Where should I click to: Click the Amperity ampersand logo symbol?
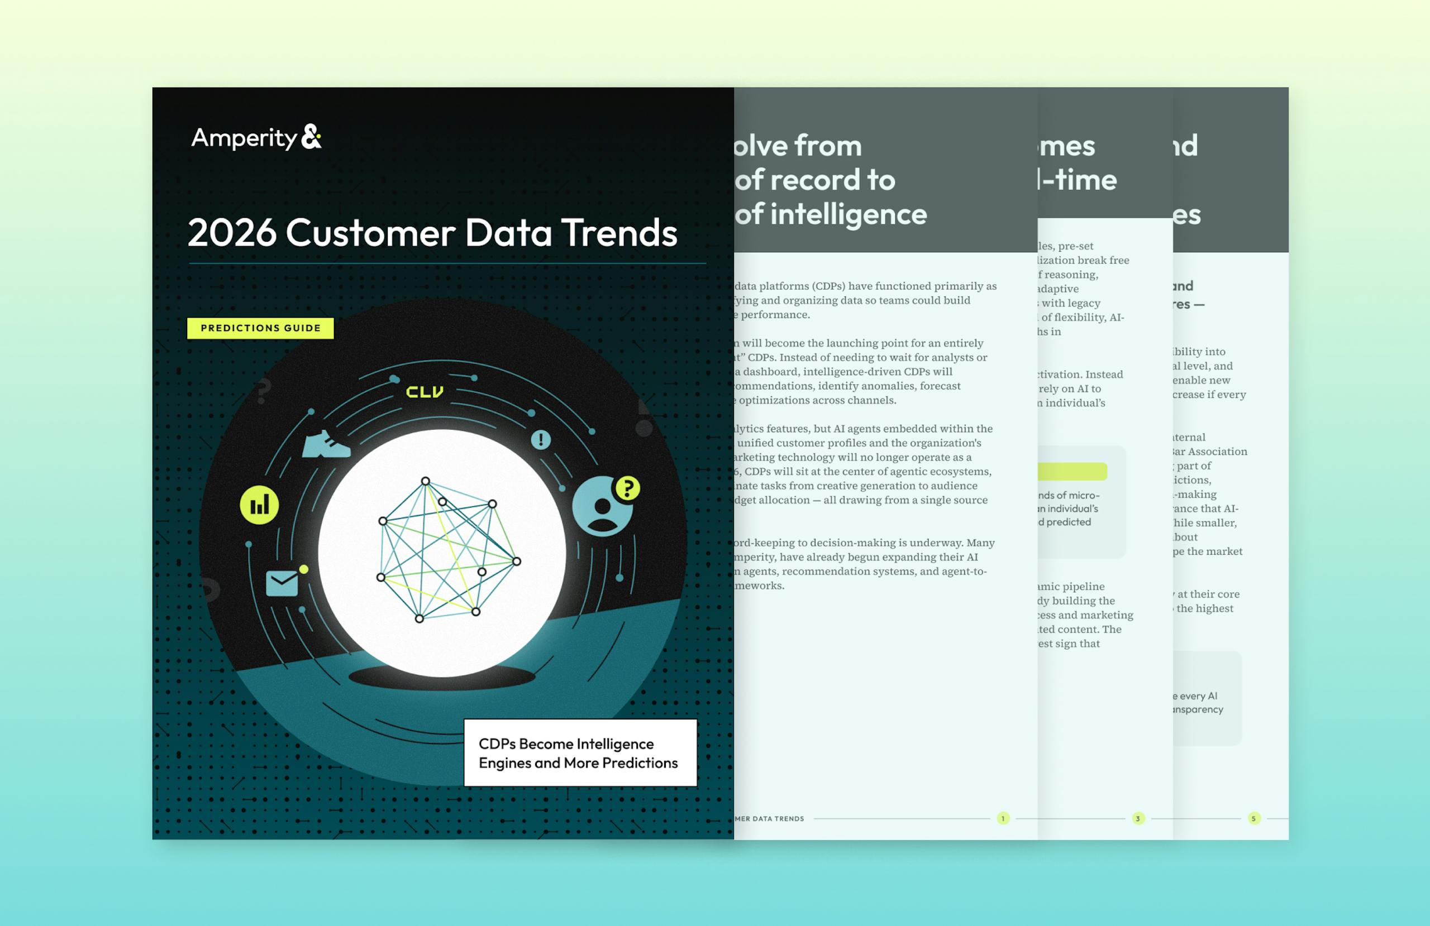coord(311,137)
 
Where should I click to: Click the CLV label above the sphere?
coord(425,392)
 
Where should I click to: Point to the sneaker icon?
coord(326,444)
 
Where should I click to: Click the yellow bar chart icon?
coord(259,505)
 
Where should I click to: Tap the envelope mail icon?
coord(282,583)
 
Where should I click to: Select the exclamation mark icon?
coord(541,440)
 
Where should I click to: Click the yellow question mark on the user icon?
coord(628,488)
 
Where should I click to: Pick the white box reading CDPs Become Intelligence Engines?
coord(580,753)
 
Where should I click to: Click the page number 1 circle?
coord(1003,818)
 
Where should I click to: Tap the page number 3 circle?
coord(1138,818)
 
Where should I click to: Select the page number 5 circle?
coord(1253,818)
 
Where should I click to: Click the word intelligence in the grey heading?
coord(849,214)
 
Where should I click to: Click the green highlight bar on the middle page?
coord(1072,472)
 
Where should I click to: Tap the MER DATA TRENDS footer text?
coord(769,818)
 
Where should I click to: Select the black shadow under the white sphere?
coord(442,679)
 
